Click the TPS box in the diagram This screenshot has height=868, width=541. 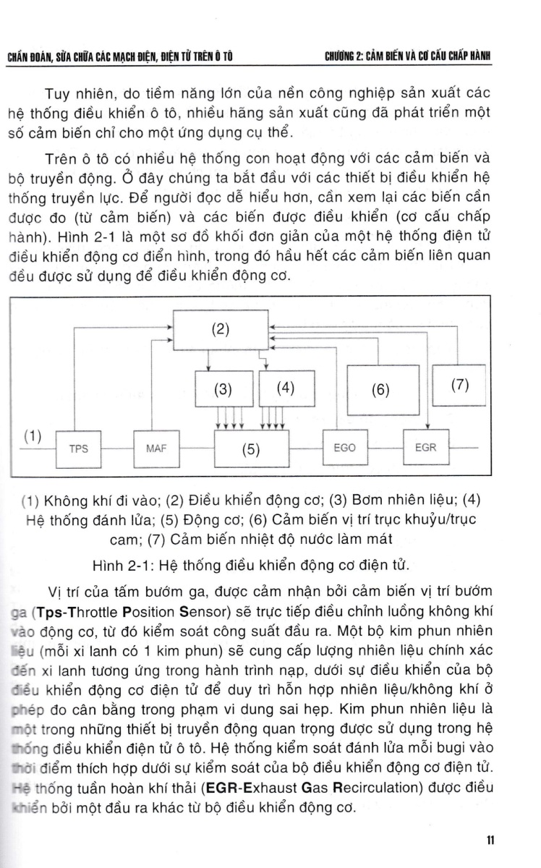coord(79,448)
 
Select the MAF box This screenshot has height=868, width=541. coord(156,448)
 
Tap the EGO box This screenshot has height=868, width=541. coord(345,448)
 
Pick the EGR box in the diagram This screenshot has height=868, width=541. coord(426,448)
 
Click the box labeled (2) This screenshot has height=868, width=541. coord(220,330)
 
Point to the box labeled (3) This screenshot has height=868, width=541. coord(223,388)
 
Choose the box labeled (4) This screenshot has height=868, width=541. coord(286,388)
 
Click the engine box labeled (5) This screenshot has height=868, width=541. coord(251,448)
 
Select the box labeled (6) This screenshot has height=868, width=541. coord(380,390)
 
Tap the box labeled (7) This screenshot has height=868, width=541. coord(460,386)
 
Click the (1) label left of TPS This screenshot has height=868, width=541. coord(33,436)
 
